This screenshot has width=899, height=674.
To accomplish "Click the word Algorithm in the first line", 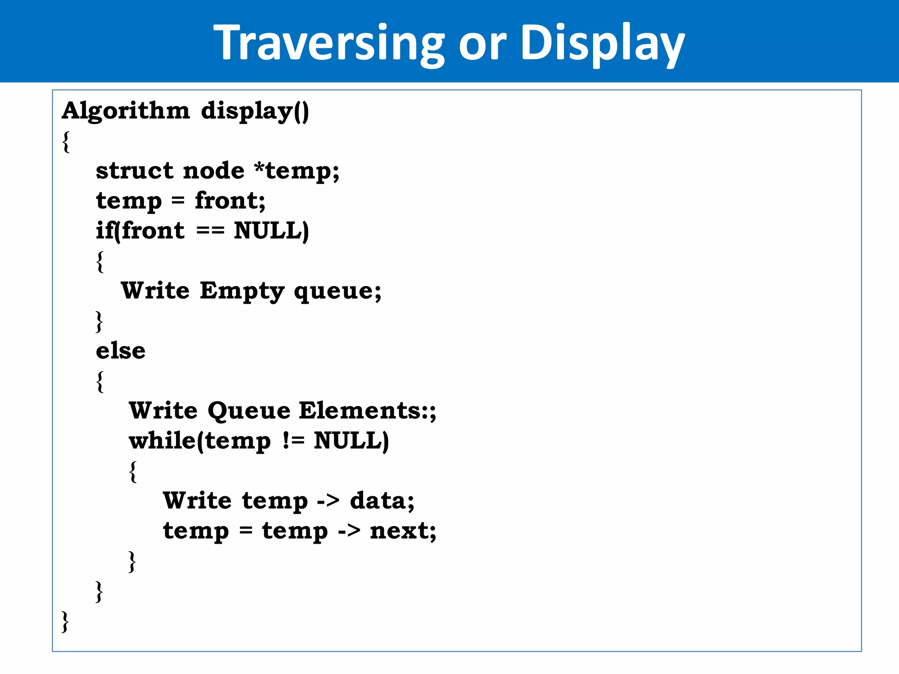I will [x=126, y=111].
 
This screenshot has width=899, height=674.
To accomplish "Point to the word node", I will [x=214, y=170].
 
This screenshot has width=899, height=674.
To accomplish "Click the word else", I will [x=121, y=351].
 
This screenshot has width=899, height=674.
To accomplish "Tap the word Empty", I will [x=242, y=291].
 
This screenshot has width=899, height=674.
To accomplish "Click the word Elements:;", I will [x=367, y=411].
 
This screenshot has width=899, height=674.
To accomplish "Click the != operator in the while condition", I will [x=293, y=441].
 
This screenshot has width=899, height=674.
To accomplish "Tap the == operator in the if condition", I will [x=210, y=230].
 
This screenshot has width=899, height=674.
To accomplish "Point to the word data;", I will [x=382, y=501].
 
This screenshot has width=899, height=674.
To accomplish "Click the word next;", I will [x=403, y=531].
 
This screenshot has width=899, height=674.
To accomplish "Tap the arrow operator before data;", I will [x=328, y=501].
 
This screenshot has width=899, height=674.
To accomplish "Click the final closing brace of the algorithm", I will [x=65, y=621].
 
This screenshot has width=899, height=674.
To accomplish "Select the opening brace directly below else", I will [x=100, y=381].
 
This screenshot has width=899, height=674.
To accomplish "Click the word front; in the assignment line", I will [x=230, y=201].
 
